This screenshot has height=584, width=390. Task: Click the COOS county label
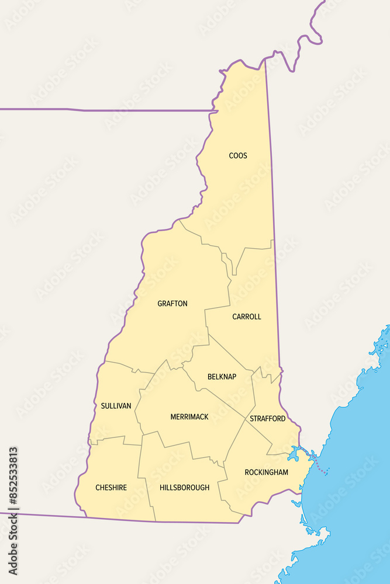(x=238, y=155)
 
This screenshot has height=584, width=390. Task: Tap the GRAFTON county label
(x=172, y=304)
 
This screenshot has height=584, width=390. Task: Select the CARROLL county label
(x=247, y=317)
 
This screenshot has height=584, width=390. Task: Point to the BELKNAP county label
(x=222, y=377)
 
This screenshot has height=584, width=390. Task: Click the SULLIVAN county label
(x=116, y=405)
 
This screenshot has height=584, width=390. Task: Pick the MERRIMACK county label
(x=189, y=417)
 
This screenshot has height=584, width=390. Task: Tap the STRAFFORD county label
(x=268, y=419)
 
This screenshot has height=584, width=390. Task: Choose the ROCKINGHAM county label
(x=266, y=472)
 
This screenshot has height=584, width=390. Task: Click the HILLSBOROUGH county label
(x=184, y=488)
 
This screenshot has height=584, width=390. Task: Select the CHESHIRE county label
(x=111, y=488)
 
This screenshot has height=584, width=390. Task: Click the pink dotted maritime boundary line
(x=320, y=468)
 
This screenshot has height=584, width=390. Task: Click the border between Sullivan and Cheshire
(x=114, y=438)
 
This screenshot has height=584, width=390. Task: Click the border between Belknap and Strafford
(x=254, y=391)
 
